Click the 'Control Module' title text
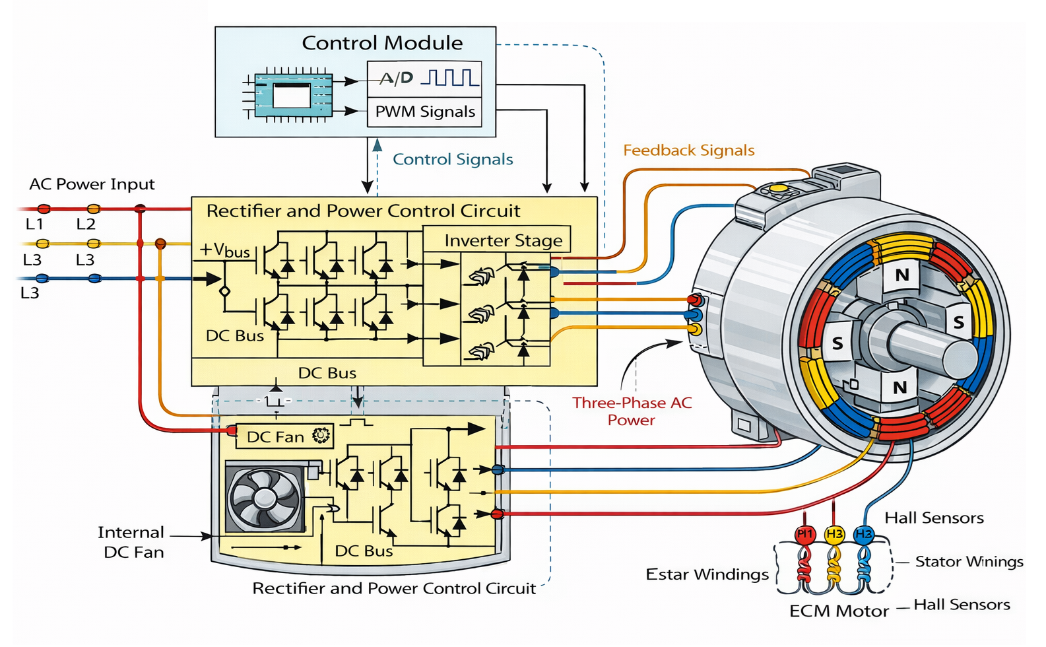382,43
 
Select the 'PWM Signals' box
424,112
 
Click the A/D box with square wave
424,79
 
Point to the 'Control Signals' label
453,159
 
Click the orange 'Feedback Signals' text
688,151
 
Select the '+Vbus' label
225,250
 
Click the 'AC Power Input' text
92,184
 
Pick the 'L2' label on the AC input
86,224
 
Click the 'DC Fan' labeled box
284,436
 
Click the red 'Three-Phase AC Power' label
632,411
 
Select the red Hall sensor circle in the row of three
804,534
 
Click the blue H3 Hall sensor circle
864,534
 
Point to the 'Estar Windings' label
707,574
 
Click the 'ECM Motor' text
839,611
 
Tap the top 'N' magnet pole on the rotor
902,275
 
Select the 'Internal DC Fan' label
132,542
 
